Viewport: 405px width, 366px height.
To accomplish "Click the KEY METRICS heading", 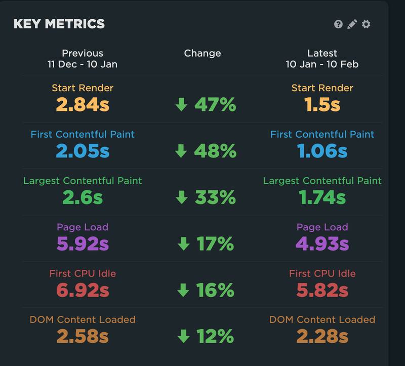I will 59,24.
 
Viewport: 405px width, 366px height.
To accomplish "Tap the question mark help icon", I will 338,24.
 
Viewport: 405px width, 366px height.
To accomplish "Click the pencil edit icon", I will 352,24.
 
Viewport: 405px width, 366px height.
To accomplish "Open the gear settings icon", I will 366,24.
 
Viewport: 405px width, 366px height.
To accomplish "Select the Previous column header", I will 83,53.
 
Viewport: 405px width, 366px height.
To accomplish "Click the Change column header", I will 202,53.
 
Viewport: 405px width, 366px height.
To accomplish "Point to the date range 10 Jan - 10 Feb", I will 322,65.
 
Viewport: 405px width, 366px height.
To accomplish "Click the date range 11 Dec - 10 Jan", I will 83,65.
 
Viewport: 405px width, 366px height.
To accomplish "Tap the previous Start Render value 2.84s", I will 83,105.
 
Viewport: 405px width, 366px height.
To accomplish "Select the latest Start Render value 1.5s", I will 322,105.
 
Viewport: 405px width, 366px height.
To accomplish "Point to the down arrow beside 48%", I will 181,151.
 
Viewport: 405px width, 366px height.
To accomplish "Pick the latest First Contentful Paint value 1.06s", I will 322,151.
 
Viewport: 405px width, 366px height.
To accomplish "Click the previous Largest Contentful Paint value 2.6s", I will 83,197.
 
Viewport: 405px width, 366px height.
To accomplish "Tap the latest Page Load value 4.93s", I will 322,243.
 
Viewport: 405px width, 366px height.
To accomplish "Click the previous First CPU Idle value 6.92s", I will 83,290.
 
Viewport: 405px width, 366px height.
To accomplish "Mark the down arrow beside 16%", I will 183,290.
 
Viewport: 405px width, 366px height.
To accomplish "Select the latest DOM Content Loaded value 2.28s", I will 322,336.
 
